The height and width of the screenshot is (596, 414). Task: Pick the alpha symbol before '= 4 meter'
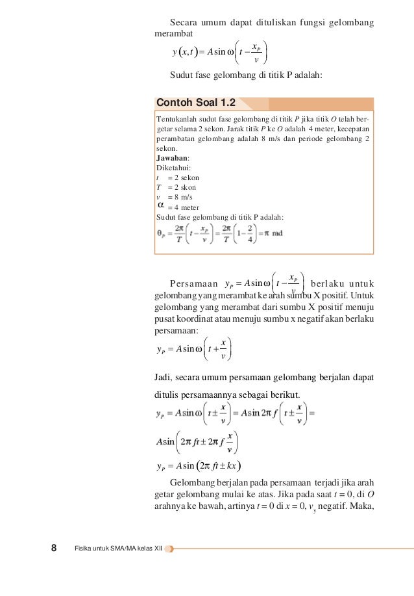pos(161,205)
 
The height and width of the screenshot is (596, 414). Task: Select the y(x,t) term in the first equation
pos(185,52)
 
